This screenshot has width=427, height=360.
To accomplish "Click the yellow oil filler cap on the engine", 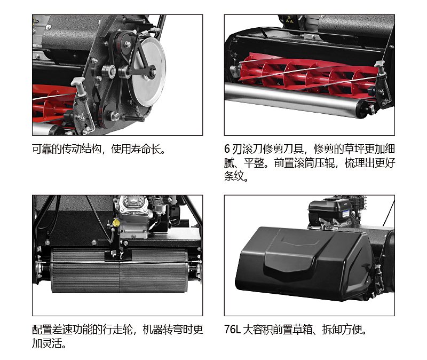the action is (x=116, y=222).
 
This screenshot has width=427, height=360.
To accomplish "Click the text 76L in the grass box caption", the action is (x=232, y=329).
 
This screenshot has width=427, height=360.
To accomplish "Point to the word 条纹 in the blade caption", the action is (x=234, y=176).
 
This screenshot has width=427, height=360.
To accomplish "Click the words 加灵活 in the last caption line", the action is (x=47, y=343).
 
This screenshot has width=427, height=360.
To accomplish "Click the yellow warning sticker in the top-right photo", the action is (x=289, y=19).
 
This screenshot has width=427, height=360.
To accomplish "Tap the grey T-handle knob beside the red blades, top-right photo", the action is (x=379, y=67).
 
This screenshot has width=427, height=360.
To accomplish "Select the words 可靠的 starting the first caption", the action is (x=47, y=149).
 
